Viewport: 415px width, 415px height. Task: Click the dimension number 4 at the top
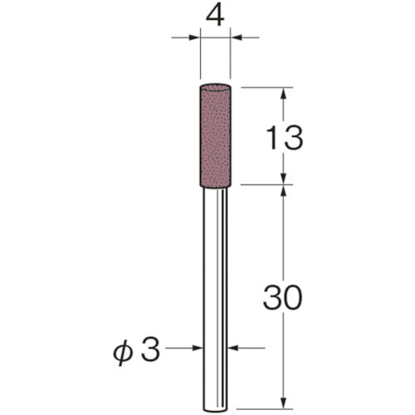[x=216, y=16]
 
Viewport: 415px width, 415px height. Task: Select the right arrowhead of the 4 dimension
[x=237, y=37]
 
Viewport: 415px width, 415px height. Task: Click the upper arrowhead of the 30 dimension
[x=284, y=192]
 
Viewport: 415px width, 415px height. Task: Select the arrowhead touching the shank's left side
[x=198, y=349]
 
